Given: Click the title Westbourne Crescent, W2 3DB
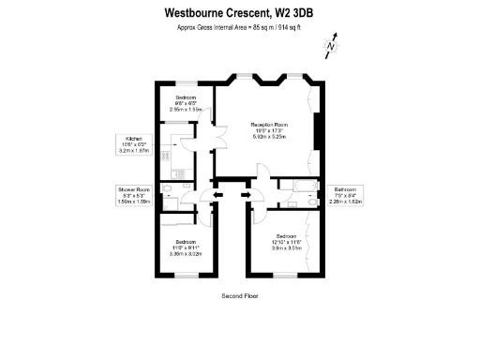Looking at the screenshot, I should coord(240,13).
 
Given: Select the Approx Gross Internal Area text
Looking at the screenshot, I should coord(240,28).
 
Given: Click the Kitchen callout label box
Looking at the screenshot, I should coord(134,144).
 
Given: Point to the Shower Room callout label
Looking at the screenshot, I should coord(133,194).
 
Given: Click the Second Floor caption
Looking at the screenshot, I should coord(239,295).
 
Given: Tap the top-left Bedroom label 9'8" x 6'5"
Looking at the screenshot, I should coord(186,103).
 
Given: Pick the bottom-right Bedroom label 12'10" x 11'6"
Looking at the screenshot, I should coord(280,242).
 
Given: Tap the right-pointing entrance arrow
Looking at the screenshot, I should coord(247,195).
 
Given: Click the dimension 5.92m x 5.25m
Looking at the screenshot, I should coord(267,137).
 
